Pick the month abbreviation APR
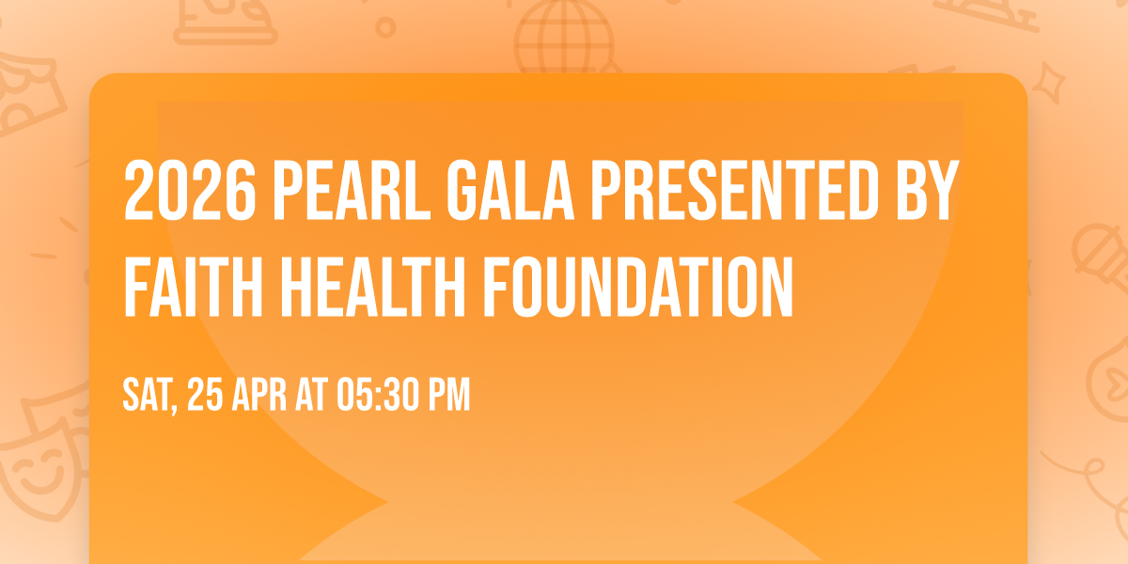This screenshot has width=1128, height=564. click(259, 396)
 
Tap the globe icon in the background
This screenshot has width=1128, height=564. click(562, 38)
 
